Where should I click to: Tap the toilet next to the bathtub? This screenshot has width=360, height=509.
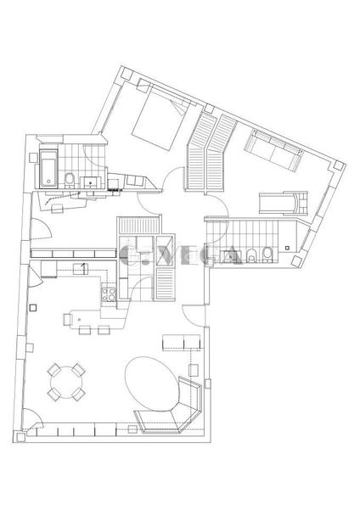(70, 179)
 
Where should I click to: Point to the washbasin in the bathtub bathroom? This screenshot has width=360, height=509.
(91, 180)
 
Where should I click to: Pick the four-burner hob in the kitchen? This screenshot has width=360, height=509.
(109, 295)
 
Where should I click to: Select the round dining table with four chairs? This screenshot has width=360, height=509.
(66, 383)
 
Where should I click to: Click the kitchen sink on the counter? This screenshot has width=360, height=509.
(85, 269)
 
